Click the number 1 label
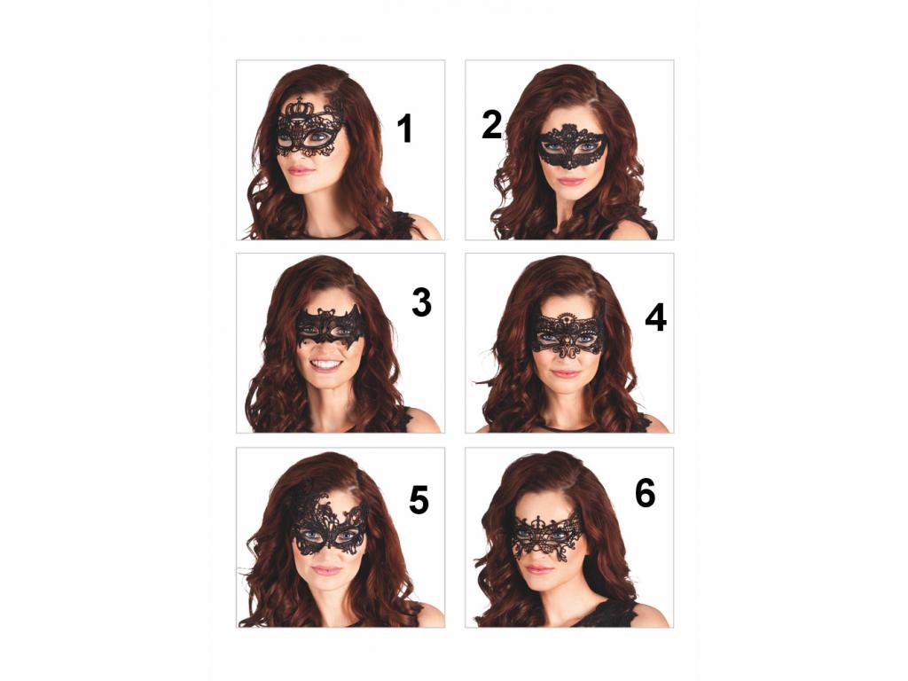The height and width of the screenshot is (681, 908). pos(404,129)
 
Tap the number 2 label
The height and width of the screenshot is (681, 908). pos(491,125)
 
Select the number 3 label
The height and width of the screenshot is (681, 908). pos(421,302)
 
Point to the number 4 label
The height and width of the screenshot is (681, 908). pos(655,318)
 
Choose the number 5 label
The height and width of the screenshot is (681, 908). pos(419,500)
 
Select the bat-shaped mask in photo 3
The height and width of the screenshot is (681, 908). pos(331,326)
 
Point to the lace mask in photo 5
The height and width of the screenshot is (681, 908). pos(328,524)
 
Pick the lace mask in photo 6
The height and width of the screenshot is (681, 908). pos(548,536)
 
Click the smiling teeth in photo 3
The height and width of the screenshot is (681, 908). pos(326,364)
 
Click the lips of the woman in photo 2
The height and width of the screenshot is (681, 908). pos(570,181)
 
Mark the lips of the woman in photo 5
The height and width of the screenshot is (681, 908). pos(326,570)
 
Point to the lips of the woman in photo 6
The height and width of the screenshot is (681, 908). pos(539,569)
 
